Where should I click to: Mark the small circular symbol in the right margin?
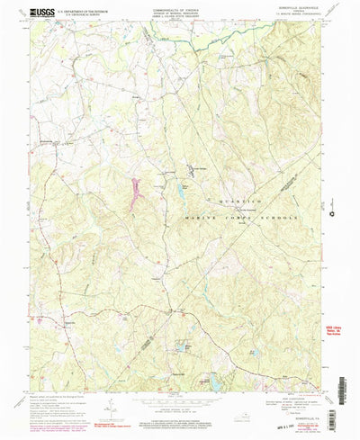coord(333,212)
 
